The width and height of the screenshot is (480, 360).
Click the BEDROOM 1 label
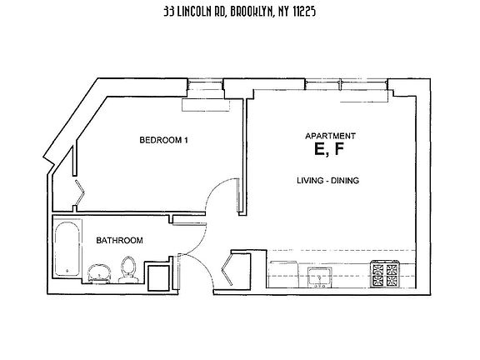pos(164,140)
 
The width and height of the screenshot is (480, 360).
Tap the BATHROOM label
pos(119,240)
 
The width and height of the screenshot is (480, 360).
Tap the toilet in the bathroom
pos(127,270)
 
